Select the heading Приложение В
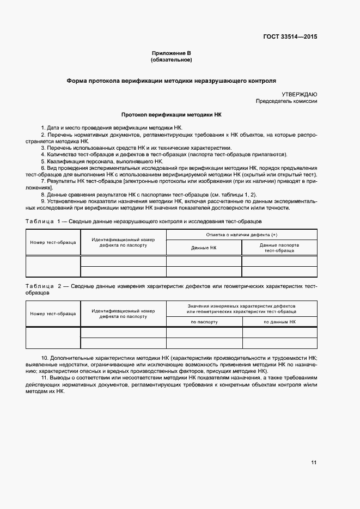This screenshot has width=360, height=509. [172, 53]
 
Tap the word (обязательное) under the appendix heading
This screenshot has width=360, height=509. [172, 60]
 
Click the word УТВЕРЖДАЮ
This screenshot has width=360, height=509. [300, 94]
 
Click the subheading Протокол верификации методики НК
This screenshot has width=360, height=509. [172, 115]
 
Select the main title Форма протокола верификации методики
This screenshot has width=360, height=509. [172, 80]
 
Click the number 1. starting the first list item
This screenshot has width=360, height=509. [44, 127]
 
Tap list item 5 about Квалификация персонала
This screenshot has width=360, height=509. [102, 162]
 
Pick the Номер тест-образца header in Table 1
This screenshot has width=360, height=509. [53, 242]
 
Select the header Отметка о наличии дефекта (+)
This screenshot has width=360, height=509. [241, 235]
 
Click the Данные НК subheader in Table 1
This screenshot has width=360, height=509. [204, 248]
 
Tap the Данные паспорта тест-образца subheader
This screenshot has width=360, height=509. [279, 248]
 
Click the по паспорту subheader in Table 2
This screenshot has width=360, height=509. [204, 322]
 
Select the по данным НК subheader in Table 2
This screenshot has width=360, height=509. [279, 322]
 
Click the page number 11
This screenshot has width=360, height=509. [314, 463]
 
